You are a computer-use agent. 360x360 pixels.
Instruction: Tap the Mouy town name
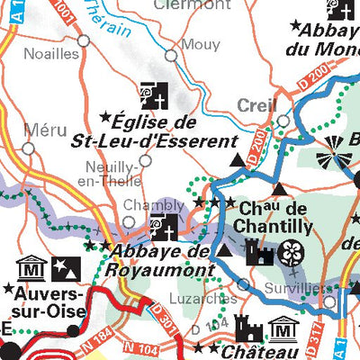pyautogui.click(x=200, y=44)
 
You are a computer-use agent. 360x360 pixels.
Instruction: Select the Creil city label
pyautogui.click(x=256, y=106)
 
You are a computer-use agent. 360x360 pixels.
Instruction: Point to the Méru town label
pyautogui.click(x=45, y=130)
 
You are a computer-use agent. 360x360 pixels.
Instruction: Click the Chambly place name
pyautogui.click(x=141, y=205)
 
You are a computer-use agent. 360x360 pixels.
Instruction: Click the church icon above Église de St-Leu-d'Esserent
pyautogui.click(x=152, y=93)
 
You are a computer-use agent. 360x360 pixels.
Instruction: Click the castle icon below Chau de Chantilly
pyautogui.click(x=259, y=255)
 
